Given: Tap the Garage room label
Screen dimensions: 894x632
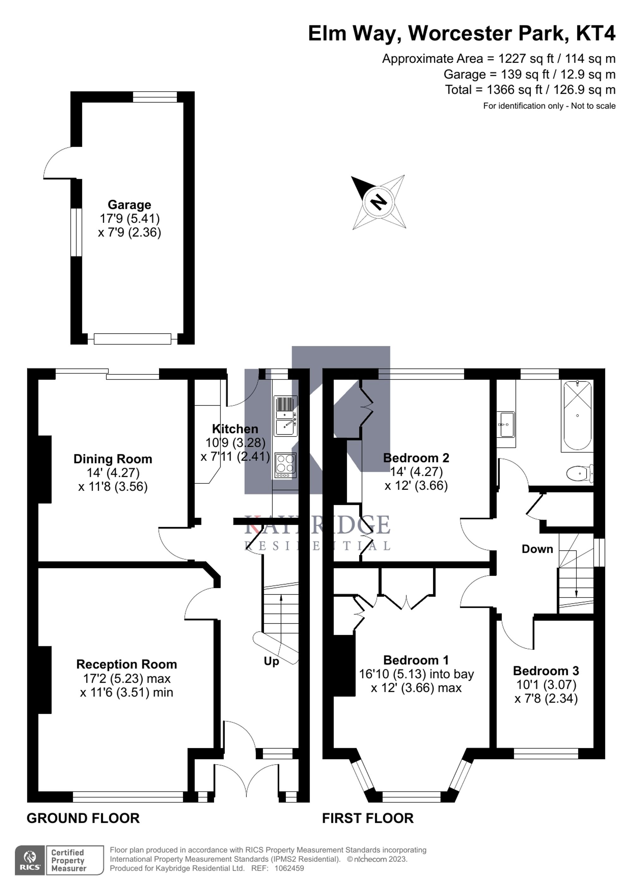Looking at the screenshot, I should tap(129, 205).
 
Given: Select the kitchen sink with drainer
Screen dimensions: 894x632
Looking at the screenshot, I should tap(285, 415).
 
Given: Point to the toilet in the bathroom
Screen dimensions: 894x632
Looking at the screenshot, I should tap(580, 474).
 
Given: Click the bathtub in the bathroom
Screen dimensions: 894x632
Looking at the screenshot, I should tap(577, 415).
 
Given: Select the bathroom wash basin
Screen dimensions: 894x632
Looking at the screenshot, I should tap(506, 425).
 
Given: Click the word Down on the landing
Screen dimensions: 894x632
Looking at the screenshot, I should tap(537, 549).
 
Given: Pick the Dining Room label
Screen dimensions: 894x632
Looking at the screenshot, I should tap(113, 459).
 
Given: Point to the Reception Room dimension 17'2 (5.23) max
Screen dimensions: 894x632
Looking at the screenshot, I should tap(127, 678).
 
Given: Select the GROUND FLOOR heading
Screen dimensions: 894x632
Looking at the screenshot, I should tap(83, 818).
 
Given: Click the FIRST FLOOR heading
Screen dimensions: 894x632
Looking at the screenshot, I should tap(368, 818).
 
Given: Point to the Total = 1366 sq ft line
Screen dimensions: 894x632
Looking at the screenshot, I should tap(530, 90).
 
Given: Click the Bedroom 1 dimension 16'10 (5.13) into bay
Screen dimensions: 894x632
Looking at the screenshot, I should tap(416, 674).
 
